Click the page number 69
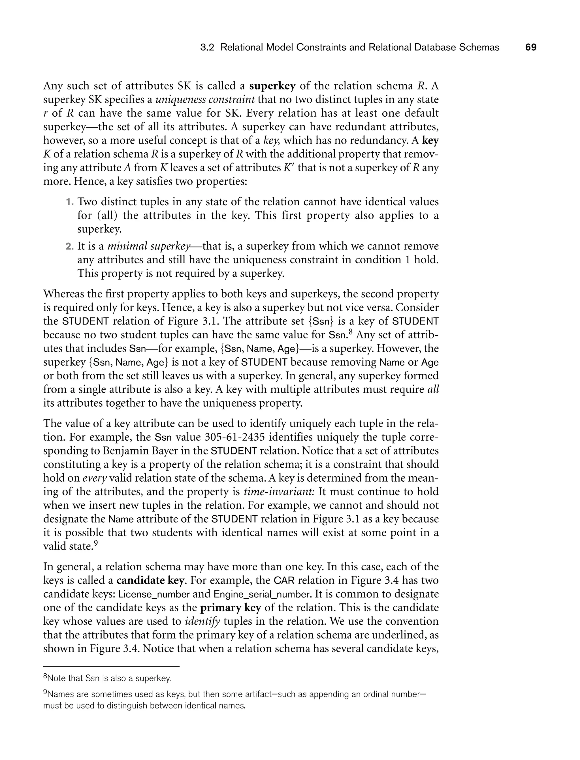pos(531,47)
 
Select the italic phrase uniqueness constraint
pos(205,99)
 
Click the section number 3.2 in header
pos(208,47)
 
